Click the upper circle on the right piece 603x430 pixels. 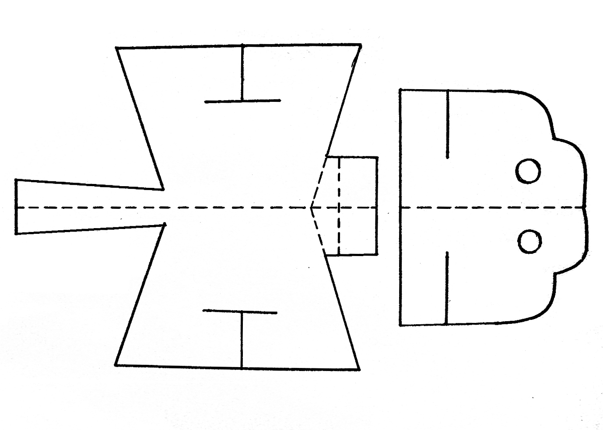tap(529, 170)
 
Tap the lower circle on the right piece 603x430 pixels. tap(529, 241)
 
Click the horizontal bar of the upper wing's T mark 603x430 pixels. tap(242, 101)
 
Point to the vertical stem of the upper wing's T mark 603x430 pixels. tap(242, 72)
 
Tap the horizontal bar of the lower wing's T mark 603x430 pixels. tap(240, 312)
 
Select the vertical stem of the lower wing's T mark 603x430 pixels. tap(241, 340)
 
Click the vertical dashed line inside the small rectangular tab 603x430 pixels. tap(339, 205)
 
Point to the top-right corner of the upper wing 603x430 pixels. tap(361, 45)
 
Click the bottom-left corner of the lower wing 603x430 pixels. tap(116, 364)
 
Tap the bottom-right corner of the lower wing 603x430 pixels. tap(359, 369)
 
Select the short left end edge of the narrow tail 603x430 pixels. tap(16, 206)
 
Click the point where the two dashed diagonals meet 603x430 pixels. tap(311, 208)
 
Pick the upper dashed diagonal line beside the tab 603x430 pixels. tap(319, 181)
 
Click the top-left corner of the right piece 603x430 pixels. tap(400, 90)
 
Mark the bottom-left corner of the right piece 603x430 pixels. tap(400, 325)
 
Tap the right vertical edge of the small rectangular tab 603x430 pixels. tap(377, 205)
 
